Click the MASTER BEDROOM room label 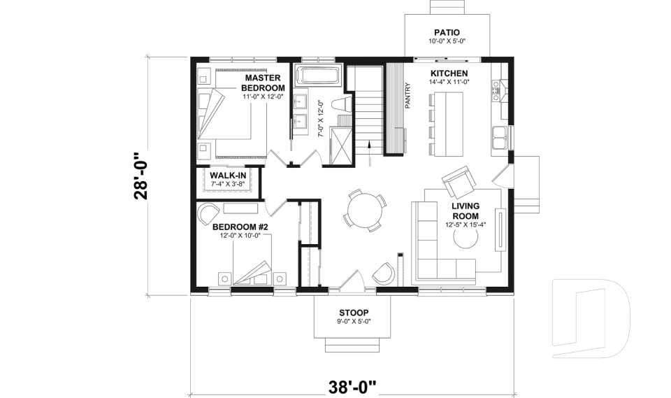(263, 83)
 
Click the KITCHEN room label (449, 73)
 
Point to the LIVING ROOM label (465, 211)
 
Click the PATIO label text (447, 32)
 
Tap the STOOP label (353, 312)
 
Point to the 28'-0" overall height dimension (143, 176)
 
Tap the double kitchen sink (500, 138)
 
